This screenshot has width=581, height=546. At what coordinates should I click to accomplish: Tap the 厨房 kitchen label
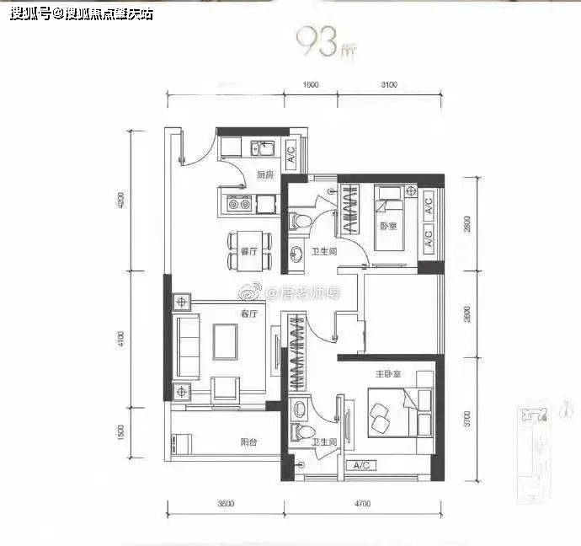click(x=265, y=175)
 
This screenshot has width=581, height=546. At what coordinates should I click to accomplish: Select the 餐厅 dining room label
click(x=248, y=252)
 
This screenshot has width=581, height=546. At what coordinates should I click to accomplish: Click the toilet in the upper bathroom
click(x=300, y=222)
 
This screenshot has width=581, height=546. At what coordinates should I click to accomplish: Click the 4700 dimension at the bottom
click(x=363, y=503)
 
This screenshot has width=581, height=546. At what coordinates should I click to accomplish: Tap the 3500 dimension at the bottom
click(x=225, y=503)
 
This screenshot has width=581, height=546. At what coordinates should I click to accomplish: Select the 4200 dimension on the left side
click(x=121, y=201)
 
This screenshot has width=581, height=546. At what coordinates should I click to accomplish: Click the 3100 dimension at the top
click(x=388, y=84)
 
